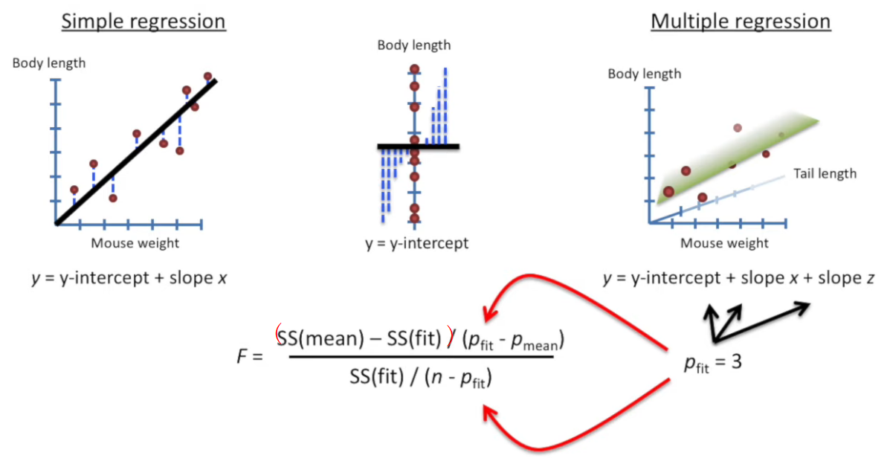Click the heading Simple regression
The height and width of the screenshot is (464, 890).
(144, 22)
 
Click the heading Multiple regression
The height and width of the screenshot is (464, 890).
(741, 22)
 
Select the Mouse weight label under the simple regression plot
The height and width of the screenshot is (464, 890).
(135, 243)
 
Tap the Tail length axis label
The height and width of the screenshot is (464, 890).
(825, 174)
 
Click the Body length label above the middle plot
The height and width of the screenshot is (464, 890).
(413, 45)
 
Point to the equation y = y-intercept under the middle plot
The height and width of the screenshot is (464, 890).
(416, 243)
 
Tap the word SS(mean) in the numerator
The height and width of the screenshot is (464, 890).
(319, 340)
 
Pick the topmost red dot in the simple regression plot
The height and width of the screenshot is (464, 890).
(207, 77)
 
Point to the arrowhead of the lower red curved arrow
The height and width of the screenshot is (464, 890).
(488, 408)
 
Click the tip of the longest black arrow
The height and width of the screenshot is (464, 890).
(808, 306)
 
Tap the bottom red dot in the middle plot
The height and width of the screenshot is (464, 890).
(414, 219)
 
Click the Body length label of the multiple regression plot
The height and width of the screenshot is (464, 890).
(644, 74)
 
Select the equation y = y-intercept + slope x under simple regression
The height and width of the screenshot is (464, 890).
(129, 279)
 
